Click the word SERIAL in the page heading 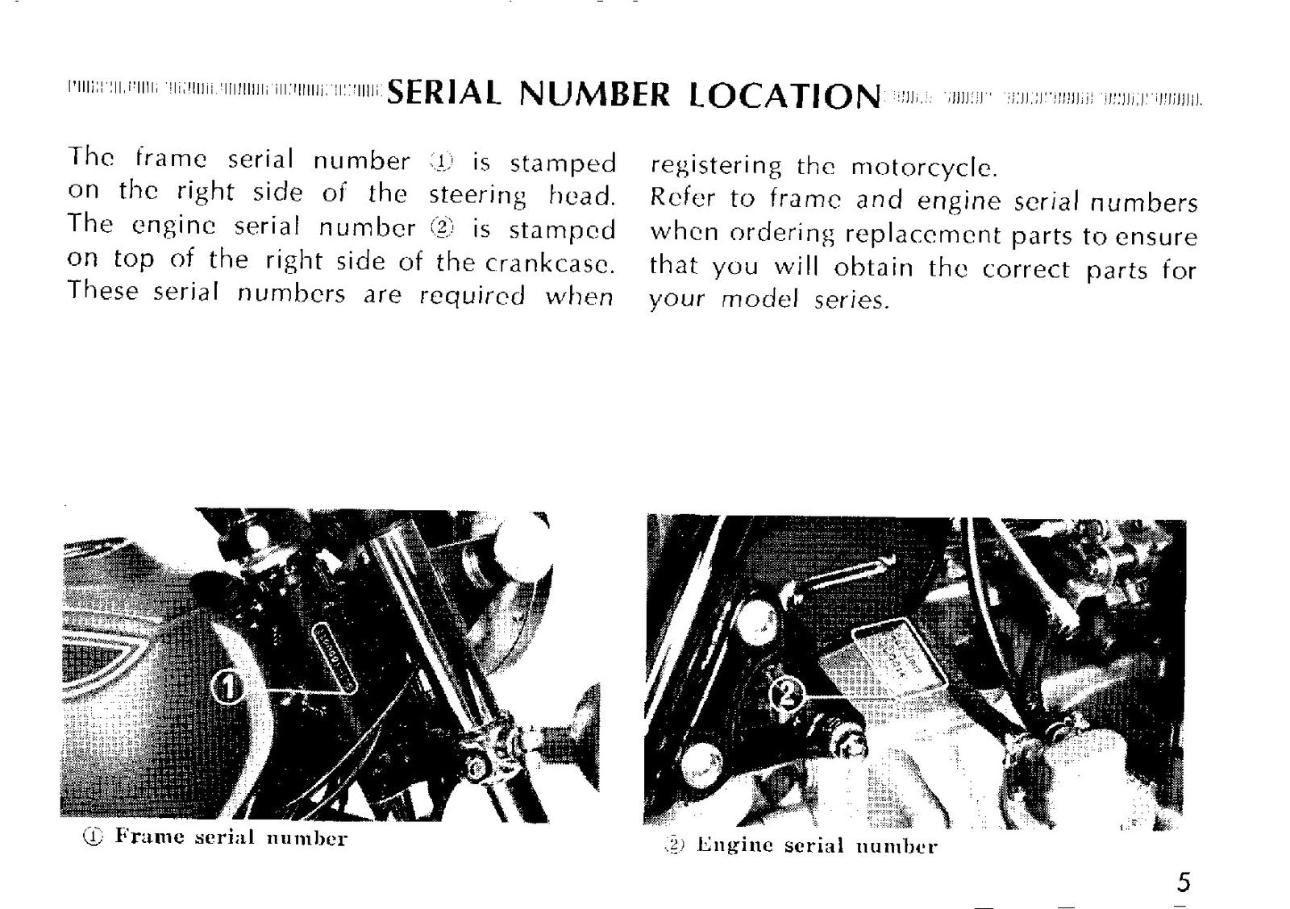tap(443, 93)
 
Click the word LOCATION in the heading tap(785, 95)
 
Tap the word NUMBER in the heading tap(595, 93)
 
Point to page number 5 tap(1183, 882)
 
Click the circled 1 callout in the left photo tap(228, 688)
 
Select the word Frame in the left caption tap(149, 836)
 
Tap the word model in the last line tap(760, 299)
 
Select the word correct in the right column tap(1026, 269)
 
